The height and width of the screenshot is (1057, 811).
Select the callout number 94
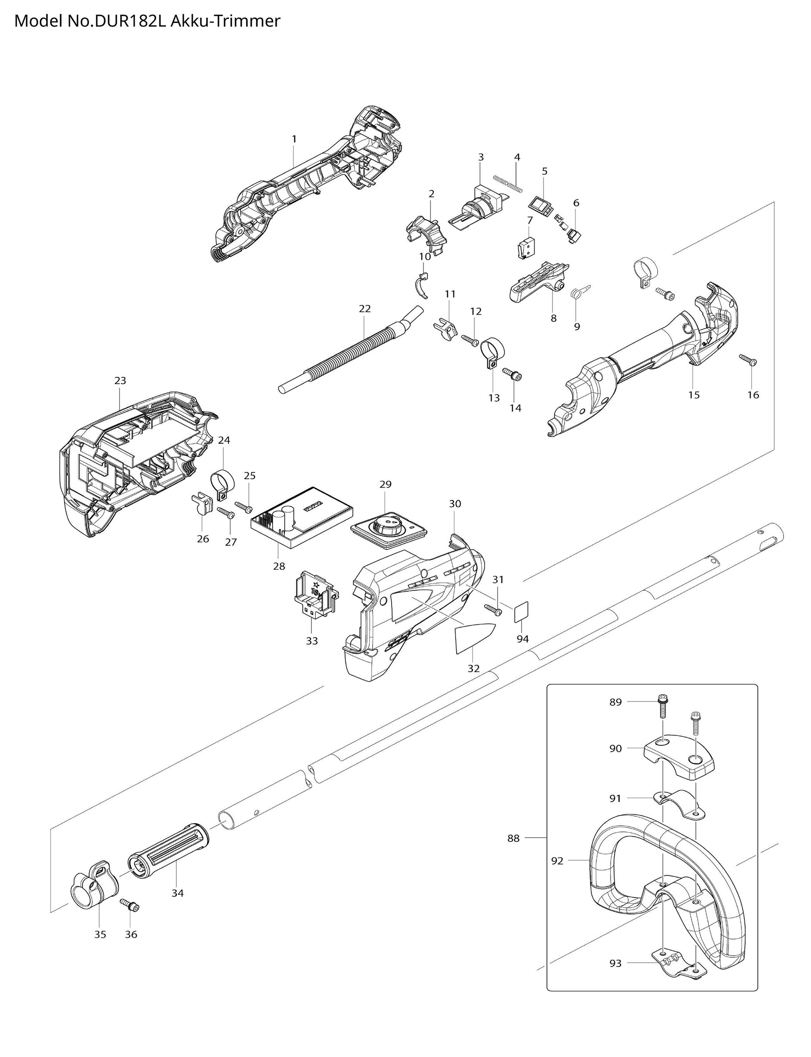523,639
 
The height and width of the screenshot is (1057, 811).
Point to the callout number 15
694,394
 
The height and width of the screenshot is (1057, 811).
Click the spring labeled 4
508,183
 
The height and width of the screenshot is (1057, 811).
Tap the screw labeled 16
748,360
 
